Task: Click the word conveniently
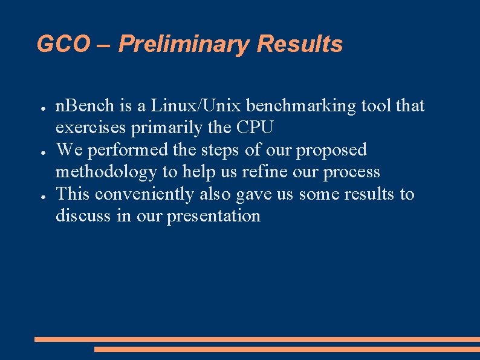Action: (145, 194)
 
